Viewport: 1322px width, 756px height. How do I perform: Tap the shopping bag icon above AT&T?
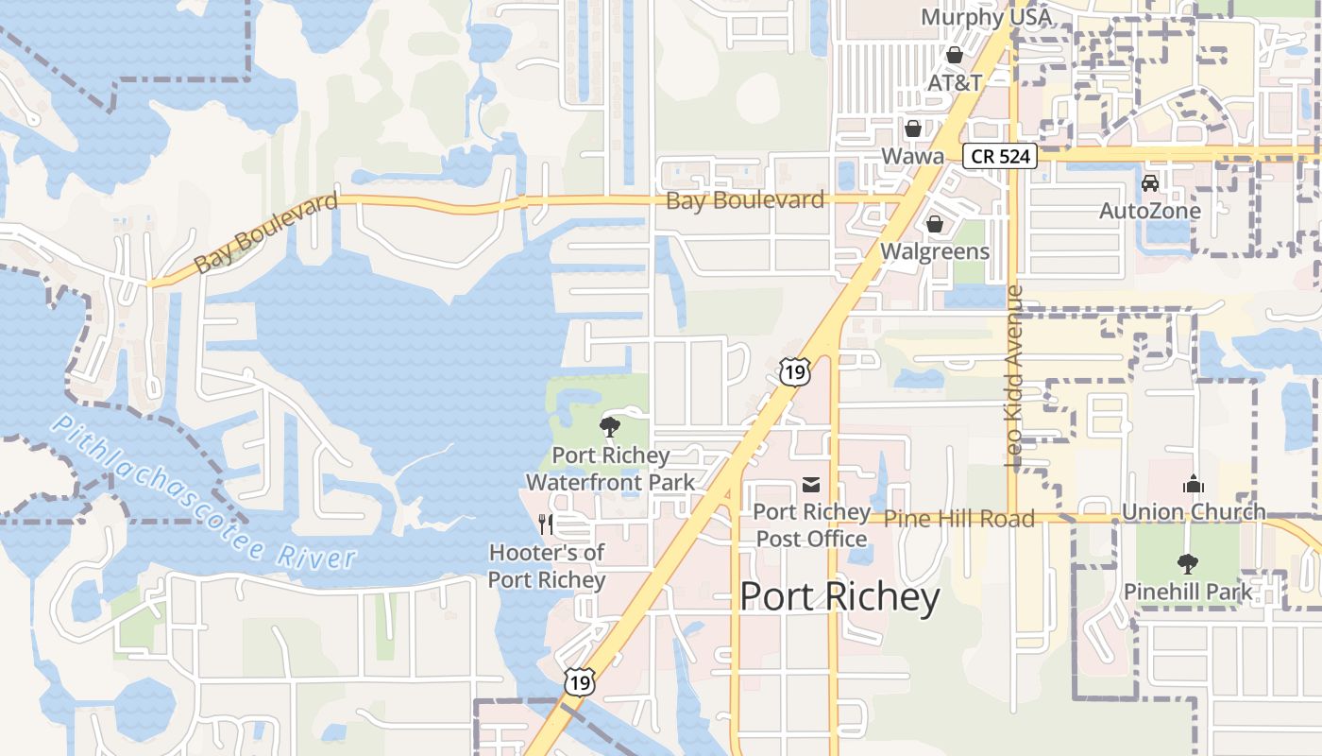[955, 55]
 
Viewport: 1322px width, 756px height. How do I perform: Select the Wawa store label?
[912, 156]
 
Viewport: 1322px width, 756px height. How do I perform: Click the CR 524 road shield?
[1000, 156]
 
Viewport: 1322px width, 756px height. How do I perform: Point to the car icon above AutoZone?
[1150, 182]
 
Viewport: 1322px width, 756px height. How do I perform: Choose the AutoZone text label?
[1149, 211]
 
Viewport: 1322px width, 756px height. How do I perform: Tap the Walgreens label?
[935, 251]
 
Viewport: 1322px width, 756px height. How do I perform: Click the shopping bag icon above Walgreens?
[935, 224]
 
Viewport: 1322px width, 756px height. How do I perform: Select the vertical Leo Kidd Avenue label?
[1015, 375]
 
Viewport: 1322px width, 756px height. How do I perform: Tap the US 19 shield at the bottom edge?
[580, 681]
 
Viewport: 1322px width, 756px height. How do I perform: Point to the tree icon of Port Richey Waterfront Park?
[610, 426]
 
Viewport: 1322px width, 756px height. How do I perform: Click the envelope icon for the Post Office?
[811, 485]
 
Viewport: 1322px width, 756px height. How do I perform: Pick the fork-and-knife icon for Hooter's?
[546, 524]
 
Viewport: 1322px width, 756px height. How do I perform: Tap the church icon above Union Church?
[1194, 485]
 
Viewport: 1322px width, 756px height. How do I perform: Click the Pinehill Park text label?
[1187, 592]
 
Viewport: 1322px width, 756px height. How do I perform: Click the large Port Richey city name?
[839, 597]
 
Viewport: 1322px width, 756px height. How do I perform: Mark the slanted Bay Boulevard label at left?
[265, 233]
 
